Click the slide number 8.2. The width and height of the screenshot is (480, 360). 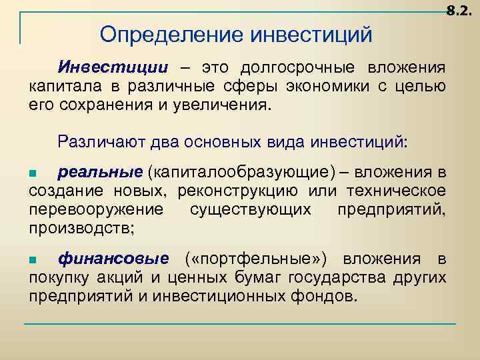[x=461, y=11]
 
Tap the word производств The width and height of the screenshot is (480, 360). [x=80, y=229]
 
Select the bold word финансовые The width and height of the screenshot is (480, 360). [x=113, y=259]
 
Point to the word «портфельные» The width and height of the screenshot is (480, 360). [x=257, y=259]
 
